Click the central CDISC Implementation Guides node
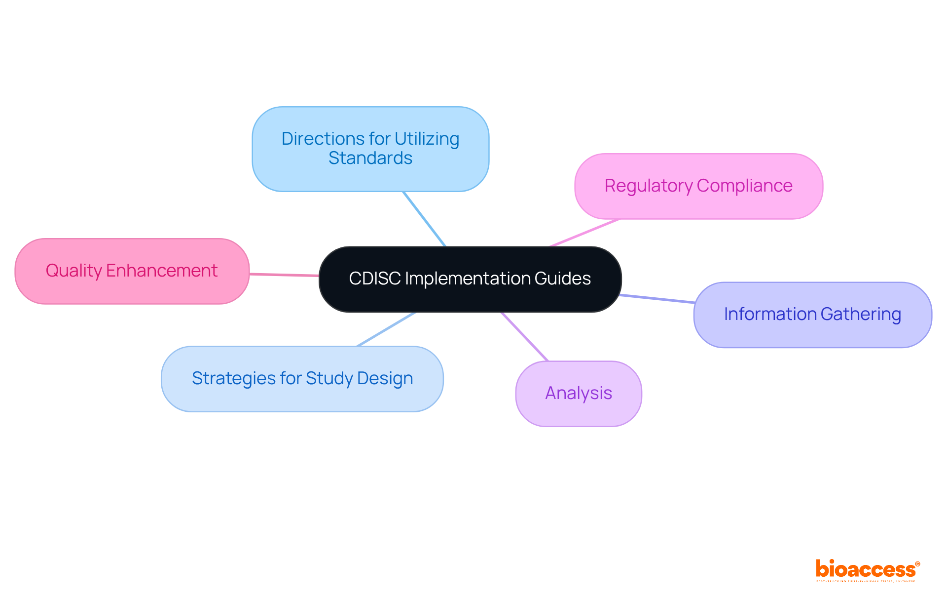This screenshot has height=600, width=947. [x=470, y=279]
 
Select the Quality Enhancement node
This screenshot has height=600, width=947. [x=132, y=271]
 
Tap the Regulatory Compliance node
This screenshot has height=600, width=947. [x=698, y=186]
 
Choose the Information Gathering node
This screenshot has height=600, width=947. [x=812, y=315]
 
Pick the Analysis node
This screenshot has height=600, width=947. [x=579, y=394]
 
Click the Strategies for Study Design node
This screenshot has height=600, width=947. [x=302, y=379]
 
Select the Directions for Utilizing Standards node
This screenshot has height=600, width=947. [x=370, y=149]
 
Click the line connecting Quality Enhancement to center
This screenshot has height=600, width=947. [x=284, y=275]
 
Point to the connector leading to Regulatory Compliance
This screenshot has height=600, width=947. [x=584, y=233]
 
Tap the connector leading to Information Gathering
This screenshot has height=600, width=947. [x=657, y=298]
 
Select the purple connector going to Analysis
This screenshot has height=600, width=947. [x=525, y=337]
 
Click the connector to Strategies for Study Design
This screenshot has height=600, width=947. [x=386, y=329]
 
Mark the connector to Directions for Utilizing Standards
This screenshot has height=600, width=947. [x=424, y=219]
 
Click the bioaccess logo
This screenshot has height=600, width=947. [x=867, y=570]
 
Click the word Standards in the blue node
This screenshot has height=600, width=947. [x=370, y=159]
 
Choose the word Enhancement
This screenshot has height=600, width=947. [x=162, y=271]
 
